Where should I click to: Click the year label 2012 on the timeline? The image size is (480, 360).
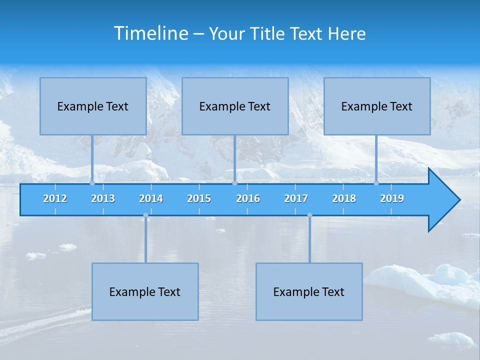click(x=55, y=198)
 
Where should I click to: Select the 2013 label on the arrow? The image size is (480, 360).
click(x=103, y=198)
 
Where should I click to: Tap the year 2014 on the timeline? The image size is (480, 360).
click(x=151, y=198)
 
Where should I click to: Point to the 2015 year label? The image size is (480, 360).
click(x=199, y=198)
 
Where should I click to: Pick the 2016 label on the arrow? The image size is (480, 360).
click(x=248, y=198)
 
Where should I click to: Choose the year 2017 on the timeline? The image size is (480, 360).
click(x=296, y=198)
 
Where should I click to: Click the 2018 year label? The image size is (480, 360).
click(x=344, y=198)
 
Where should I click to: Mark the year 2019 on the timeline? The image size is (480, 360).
click(x=392, y=198)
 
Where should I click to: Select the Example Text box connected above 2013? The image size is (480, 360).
click(x=93, y=106)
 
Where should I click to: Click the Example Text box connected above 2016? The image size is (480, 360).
click(x=235, y=106)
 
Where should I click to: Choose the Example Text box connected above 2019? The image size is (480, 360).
click(x=377, y=106)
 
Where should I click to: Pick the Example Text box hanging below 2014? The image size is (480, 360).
click(x=145, y=291)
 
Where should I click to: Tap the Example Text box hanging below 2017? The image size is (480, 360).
click(x=309, y=291)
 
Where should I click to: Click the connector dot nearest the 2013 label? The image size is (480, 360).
click(x=92, y=183)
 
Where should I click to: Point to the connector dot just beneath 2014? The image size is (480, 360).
click(x=145, y=215)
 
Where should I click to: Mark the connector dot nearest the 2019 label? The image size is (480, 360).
click(x=376, y=183)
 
